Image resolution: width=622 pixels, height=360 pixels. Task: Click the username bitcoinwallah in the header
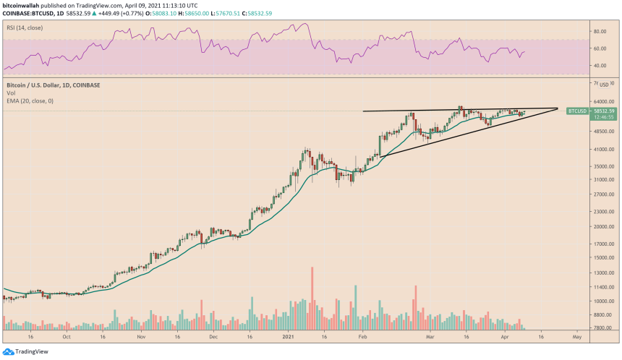23,4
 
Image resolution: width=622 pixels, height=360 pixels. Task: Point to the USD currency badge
605,85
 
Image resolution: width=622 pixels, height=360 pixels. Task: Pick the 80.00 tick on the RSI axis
599,32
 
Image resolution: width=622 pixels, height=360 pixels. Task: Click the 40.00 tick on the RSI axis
599,66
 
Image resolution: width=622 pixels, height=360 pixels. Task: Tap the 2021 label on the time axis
288,337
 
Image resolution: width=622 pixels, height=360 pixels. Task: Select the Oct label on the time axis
67,337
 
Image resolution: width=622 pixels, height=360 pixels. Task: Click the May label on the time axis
576,337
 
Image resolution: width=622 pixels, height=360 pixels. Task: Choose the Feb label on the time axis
362,337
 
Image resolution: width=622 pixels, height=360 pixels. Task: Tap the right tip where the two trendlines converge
558,108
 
